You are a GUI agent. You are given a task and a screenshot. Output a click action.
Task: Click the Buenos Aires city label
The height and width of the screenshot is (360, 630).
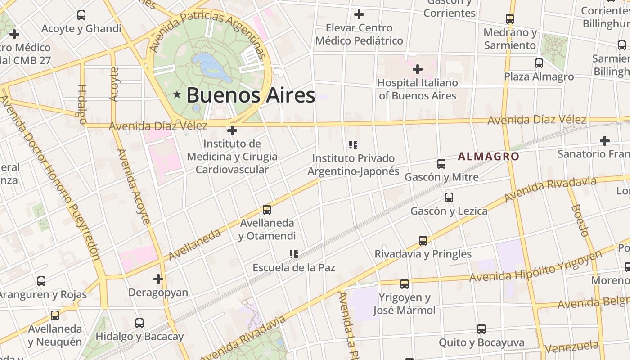click(x=251, y=95)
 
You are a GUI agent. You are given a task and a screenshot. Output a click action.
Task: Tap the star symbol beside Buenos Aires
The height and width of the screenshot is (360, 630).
click(x=177, y=95)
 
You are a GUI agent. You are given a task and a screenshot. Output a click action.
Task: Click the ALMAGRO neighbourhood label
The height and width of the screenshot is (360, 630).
click(x=488, y=157)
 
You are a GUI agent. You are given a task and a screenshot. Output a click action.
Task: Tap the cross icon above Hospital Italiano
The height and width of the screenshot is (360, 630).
click(x=418, y=69)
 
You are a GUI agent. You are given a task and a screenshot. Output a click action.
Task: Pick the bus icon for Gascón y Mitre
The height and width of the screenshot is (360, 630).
click(x=441, y=164)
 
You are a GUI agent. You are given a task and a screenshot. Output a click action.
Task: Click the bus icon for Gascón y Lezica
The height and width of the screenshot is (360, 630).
click(x=449, y=198)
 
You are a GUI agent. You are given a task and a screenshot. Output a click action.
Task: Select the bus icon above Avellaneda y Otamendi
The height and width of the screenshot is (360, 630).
click(x=267, y=210)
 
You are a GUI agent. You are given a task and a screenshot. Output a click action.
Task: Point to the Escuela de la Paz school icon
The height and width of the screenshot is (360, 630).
click(x=294, y=254)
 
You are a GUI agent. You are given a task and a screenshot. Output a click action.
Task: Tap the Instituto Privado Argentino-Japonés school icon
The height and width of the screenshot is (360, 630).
click(x=353, y=145)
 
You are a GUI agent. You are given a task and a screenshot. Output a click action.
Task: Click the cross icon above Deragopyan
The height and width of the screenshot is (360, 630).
click(x=158, y=279)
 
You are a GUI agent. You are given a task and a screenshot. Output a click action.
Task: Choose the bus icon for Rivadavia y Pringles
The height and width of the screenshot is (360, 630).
click(x=423, y=241)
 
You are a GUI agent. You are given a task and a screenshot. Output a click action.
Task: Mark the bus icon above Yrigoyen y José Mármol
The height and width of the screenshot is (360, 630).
click(x=405, y=284)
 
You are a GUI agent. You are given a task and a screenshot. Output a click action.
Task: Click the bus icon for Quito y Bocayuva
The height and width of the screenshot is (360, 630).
click(x=481, y=329)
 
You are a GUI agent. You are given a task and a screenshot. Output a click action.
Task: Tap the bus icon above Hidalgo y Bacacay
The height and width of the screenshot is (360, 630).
click(x=139, y=323)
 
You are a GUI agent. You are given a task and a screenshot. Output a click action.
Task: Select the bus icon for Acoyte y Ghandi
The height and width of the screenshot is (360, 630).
click(x=81, y=15)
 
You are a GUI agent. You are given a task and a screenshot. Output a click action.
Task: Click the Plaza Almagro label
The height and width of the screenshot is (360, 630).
click(x=539, y=76)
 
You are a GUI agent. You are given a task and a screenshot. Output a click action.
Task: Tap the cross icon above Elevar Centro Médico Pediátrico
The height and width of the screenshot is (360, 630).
click(x=359, y=14)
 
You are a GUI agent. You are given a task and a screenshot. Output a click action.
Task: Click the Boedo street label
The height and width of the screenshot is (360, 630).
click(x=580, y=220)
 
